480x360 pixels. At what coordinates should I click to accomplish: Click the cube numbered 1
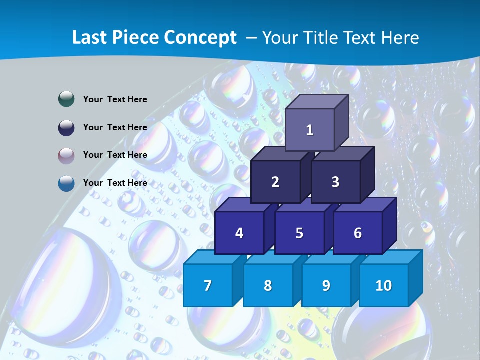point(310,130)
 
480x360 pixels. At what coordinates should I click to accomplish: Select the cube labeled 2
point(275,182)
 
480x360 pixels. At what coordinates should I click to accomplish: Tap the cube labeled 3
point(335,182)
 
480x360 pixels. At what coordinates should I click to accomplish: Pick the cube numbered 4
point(239,233)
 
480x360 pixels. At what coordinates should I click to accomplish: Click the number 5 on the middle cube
point(299,233)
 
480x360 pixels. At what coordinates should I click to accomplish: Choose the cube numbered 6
point(358,233)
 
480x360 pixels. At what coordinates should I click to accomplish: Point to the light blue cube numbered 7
point(208,285)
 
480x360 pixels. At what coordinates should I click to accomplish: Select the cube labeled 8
point(268,285)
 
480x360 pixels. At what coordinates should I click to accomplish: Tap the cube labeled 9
point(326,285)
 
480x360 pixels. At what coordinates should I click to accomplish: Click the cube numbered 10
point(384,285)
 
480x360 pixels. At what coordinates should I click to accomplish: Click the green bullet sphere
point(66,99)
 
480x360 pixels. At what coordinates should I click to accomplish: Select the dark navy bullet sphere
point(66,127)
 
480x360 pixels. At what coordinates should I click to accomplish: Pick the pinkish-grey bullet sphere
point(66,155)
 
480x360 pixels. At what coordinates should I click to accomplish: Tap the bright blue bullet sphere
point(66,183)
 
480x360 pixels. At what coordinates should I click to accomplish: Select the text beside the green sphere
point(115,99)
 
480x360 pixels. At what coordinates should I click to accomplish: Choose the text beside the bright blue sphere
point(115,183)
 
